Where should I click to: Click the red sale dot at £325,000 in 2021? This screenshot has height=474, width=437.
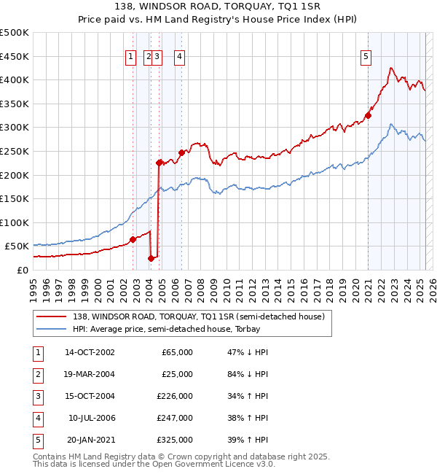(369, 115)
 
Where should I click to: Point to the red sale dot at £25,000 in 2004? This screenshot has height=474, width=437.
(151, 257)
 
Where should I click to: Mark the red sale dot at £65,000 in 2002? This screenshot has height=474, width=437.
(133, 238)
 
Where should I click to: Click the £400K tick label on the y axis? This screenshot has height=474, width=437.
(15, 79)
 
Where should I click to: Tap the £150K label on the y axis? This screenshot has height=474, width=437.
(15, 198)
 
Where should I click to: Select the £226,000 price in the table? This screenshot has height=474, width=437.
(176, 396)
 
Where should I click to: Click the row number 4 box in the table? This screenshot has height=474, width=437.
(37, 418)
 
